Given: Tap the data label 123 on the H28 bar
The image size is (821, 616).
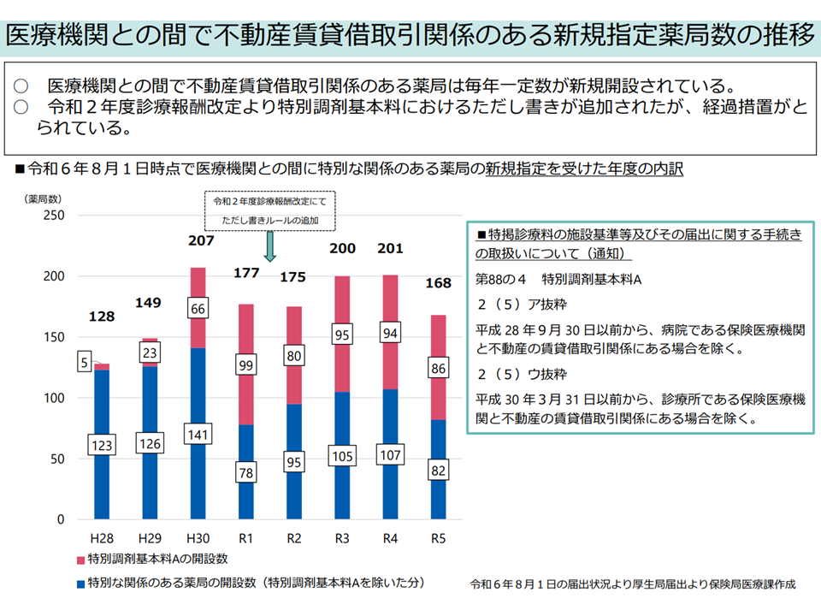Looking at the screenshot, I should [x=103, y=445].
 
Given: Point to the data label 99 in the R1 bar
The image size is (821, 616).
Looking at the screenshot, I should [x=246, y=366].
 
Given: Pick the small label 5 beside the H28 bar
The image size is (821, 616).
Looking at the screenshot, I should [x=86, y=362].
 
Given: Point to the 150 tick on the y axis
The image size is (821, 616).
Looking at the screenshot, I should [x=55, y=337].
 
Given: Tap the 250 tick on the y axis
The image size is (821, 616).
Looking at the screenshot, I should [x=55, y=216].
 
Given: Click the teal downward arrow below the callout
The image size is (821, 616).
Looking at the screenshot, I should [x=270, y=247].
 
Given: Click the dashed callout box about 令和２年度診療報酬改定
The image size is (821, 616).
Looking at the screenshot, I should [x=270, y=210].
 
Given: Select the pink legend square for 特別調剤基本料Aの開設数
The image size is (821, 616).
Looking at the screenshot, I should [x=80, y=560].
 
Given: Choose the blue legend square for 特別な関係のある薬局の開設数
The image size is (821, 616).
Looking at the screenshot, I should [x=80, y=583].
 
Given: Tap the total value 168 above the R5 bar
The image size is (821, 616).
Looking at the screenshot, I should [x=438, y=283].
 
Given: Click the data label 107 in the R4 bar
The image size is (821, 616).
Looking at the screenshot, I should [x=390, y=456].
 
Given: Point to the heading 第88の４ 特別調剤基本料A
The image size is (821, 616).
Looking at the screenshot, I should [x=558, y=281].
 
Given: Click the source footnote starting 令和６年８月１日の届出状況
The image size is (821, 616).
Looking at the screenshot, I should [x=633, y=584].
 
